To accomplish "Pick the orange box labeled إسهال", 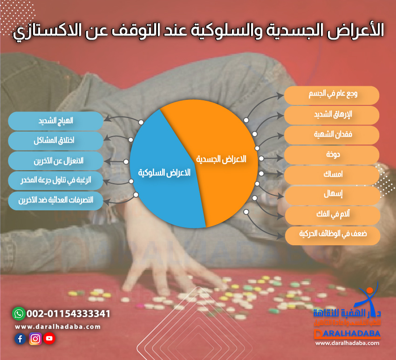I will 332,195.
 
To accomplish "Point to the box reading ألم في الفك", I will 332,215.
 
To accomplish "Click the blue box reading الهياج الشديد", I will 55,121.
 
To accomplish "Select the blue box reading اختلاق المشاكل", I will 55,141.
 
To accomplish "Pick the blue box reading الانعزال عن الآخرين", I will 55,161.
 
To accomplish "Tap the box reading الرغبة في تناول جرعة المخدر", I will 55,181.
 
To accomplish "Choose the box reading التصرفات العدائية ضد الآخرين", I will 55,201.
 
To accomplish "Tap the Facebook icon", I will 20,339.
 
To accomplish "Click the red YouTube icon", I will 49,339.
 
